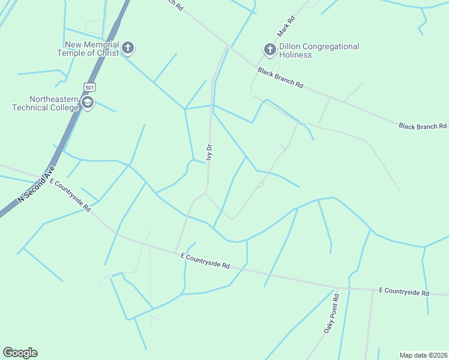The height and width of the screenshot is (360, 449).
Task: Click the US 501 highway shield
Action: tap(89, 86)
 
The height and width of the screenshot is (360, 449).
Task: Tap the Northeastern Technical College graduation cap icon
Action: tap(88, 103)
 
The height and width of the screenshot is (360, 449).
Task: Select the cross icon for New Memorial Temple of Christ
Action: tap(128, 47)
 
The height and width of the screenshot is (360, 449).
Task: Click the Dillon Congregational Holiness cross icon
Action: tap(270, 49)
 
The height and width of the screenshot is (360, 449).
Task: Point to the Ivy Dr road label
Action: tap(209, 152)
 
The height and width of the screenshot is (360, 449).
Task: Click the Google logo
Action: tap(20, 353)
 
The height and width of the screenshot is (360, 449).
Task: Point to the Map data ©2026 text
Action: tap(423, 355)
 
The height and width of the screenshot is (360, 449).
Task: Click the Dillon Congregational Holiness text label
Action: tap(319, 50)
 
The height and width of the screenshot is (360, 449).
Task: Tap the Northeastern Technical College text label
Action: tap(46, 103)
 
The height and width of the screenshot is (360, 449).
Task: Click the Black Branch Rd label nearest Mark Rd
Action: tap(280, 78)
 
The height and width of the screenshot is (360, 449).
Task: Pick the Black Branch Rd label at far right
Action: tap(423, 126)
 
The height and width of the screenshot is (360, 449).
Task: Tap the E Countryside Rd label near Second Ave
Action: tap(70, 195)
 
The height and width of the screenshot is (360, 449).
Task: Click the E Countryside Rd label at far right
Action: tap(404, 292)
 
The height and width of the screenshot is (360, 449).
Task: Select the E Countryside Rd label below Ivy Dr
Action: tap(205, 261)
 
